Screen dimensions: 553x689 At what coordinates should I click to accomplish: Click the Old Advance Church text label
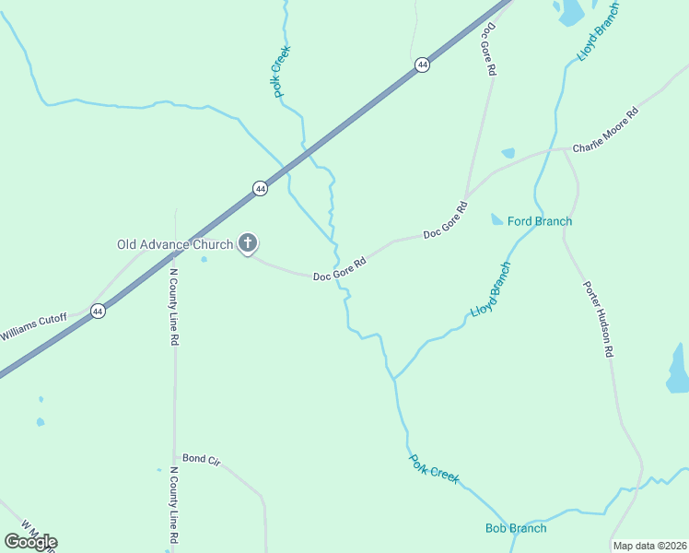pyautogui.click(x=175, y=244)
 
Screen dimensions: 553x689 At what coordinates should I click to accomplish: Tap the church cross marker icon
pyautogui.click(x=248, y=243)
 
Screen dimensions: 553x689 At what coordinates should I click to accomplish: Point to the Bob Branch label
pyautogui.click(x=516, y=528)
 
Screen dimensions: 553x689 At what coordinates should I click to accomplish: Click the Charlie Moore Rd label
pyautogui.click(x=605, y=131)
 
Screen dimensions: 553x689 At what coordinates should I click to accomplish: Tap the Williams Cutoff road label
pyautogui.click(x=34, y=326)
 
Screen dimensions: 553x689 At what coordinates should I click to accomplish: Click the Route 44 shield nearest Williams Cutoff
pyautogui.click(x=98, y=312)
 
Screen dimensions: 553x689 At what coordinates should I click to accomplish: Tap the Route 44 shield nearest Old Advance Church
pyautogui.click(x=260, y=188)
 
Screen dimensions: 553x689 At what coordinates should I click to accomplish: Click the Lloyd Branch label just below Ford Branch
pyautogui.click(x=491, y=290)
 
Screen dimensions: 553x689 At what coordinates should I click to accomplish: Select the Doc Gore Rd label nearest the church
pyautogui.click(x=340, y=268)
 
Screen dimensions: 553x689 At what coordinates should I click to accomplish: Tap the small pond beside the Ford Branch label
pyautogui.click(x=497, y=219)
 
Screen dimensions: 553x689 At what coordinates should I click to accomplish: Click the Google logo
pyautogui.click(x=30, y=542)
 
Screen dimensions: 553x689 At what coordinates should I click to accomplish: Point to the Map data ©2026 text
pyautogui.click(x=648, y=546)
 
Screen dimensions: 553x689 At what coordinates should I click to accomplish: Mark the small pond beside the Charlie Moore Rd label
pyautogui.click(x=508, y=153)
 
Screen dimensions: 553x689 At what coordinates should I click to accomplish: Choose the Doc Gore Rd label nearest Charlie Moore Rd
pyautogui.click(x=446, y=221)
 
